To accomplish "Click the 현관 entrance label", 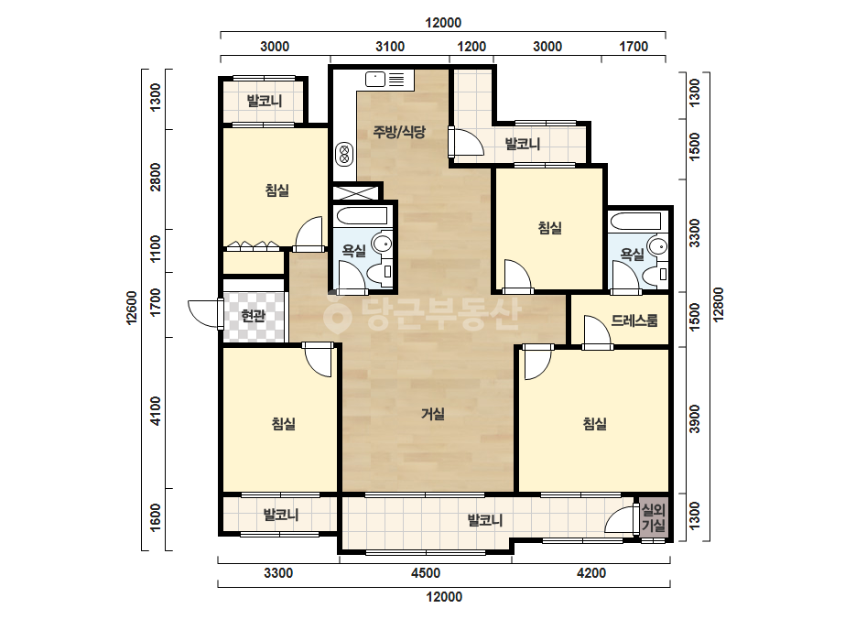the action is [254, 315].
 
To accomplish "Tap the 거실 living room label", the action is [433, 414].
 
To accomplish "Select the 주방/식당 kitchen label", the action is [399, 132].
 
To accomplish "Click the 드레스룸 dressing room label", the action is [634, 320].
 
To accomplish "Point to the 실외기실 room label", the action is [654, 517].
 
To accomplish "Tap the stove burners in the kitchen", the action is [344, 155].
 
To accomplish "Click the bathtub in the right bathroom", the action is [634, 222].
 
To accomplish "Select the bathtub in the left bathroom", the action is [362, 216].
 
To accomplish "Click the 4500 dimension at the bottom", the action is [426, 572].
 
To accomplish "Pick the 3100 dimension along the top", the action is [390, 47].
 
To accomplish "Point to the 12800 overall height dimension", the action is [719, 305].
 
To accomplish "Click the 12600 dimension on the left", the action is [132, 308].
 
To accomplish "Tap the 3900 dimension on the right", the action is [695, 418].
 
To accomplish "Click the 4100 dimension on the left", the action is [156, 411].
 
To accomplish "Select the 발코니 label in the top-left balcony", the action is [264, 101].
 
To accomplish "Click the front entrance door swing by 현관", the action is [204, 313].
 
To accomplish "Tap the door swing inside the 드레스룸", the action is [597, 332].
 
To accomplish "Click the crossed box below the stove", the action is [356, 193].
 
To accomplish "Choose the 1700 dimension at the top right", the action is [634, 47].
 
